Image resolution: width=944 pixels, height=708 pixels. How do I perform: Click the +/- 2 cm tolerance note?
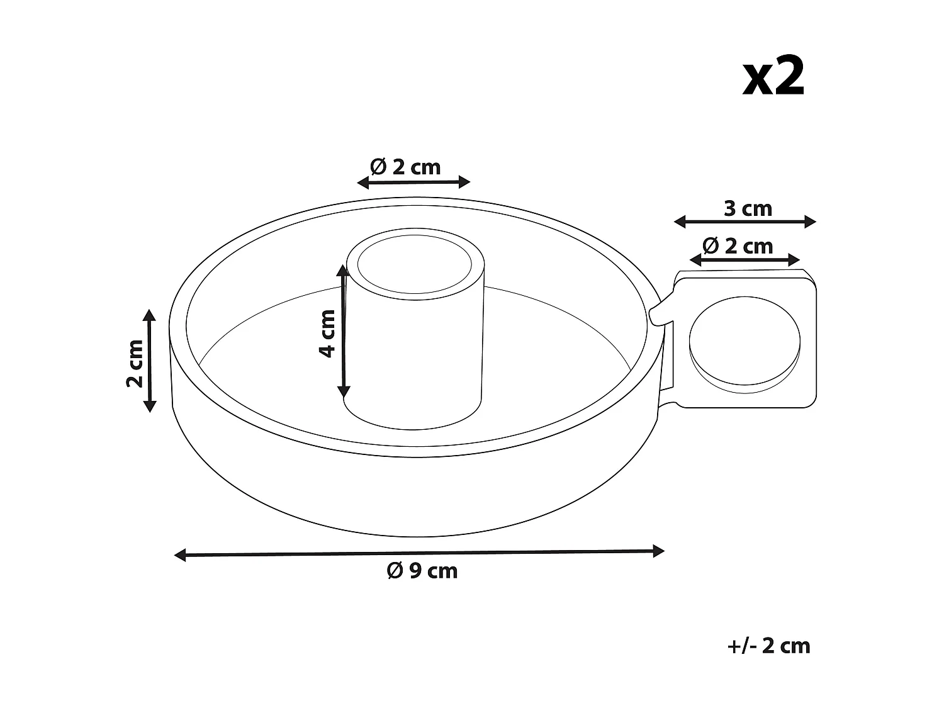tap(768, 646)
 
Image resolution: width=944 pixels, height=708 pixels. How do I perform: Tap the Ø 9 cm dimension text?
tap(422, 571)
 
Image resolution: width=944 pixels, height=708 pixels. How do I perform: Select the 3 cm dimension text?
tap(748, 208)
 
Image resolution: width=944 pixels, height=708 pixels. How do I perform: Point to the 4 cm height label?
tap(328, 333)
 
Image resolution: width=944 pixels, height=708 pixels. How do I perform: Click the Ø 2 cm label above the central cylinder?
tap(406, 167)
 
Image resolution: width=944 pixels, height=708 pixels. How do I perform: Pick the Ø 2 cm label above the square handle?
tap(738, 245)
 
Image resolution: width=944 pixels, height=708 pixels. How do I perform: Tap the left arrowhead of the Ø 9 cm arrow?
tap(180, 554)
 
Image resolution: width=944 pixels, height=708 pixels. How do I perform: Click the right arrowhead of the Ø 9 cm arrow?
tap(659, 551)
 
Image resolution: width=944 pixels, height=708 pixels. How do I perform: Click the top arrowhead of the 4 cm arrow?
tap(342, 271)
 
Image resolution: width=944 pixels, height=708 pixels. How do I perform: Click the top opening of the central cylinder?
tap(414, 265)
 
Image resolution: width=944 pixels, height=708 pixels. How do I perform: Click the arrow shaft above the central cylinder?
tap(413, 183)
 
